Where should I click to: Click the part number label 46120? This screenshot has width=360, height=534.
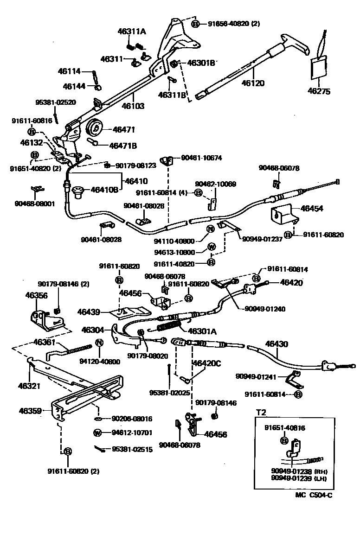pos(253,83)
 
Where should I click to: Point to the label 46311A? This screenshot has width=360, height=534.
pos(132,32)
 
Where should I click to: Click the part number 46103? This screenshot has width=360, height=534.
pos(133,106)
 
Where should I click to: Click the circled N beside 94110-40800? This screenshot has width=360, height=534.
pos(210,229)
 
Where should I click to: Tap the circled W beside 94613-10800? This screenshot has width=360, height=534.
pos(210,246)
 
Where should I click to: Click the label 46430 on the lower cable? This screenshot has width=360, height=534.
pos(276,344)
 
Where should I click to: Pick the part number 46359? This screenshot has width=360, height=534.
pos(31,410)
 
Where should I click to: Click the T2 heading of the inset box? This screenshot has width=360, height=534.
pos(261,411)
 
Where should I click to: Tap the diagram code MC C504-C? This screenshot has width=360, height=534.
pos(314,495)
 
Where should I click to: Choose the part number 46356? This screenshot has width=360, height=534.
pos(36,295)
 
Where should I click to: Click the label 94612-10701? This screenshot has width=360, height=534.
pos(132,433)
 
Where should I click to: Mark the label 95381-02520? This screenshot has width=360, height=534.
pos(56,102)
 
